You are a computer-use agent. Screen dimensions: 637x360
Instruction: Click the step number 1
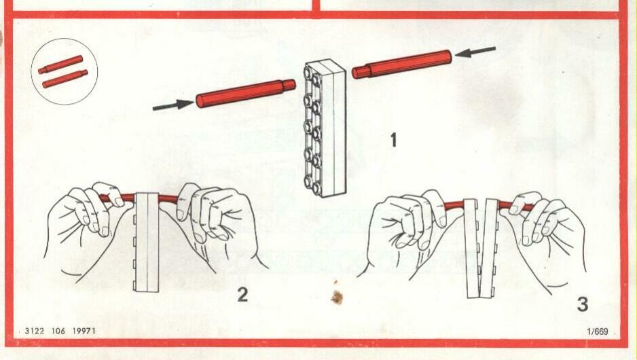[x=393, y=140]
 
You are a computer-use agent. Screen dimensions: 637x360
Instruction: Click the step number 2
[x=242, y=295]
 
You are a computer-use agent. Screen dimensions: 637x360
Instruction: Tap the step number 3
[x=583, y=304]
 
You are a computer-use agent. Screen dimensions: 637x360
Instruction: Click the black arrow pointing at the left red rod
[x=173, y=105]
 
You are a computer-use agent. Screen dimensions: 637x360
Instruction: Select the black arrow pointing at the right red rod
[x=475, y=52]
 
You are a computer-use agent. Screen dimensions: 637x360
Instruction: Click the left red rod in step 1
[x=246, y=93]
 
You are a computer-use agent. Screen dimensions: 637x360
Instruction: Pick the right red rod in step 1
[x=402, y=64]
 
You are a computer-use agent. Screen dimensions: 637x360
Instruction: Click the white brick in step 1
[x=325, y=128]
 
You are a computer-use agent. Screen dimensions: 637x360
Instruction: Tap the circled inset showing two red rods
[x=65, y=71]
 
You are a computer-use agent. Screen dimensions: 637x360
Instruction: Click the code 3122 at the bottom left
[x=34, y=331]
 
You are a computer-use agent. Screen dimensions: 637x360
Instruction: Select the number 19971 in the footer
[x=84, y=331]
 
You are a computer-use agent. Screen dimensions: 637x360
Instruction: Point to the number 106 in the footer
[x=58, y=331]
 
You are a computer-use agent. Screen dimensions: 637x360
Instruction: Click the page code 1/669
[x=597, y=331]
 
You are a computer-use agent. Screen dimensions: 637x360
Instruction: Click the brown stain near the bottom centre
[x=337, y=297]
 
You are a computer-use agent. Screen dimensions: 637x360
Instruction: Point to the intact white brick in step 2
[x=147, y=242]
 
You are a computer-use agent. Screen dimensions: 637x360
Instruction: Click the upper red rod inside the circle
[x=60, y=65]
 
